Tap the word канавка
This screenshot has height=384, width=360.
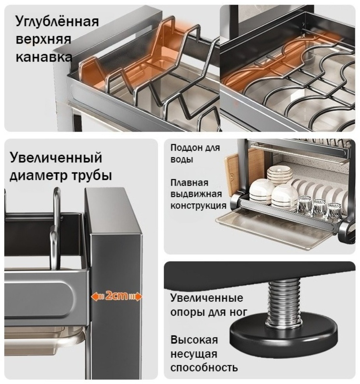pos(44,57)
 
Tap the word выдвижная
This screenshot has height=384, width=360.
pos(196,194)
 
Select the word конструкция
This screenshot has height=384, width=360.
pos(198,206)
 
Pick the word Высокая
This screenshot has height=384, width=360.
pos(194,340)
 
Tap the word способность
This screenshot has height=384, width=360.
pos(204,368)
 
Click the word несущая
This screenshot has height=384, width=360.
pos(194,354)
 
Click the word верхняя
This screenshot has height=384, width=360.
pos(43,40)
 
